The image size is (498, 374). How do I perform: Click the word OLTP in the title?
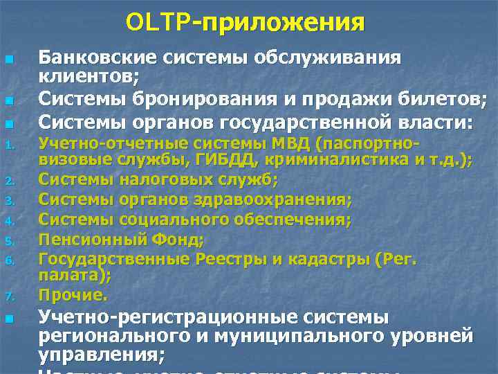[x=153, y=22]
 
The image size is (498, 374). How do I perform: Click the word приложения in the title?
[x=283, y=24]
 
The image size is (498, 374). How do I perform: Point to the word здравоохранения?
[x=281, y=200]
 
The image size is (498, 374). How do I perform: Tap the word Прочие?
[x=73, y=295]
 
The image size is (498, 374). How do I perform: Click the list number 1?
[x=8, y=146]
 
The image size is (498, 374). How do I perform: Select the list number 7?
[x=8, y=297]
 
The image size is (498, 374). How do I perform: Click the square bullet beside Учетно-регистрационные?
[x=8, y=319]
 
